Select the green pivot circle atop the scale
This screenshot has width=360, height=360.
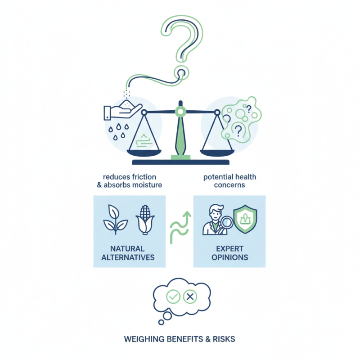pyautogui.click(x=180, y=110)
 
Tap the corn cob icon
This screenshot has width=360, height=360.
pyautogui.click(x=145, y=220)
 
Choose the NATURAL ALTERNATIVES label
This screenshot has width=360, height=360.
pyautogui.click(x=129, y=253)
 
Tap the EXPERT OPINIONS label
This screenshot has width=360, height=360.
pyautogui.click(x=229, y=253)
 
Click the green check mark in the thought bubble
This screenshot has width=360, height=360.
pyautogui.click(x=173, y=297)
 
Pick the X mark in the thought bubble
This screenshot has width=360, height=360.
pyautogui.click(x=190, y=297)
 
